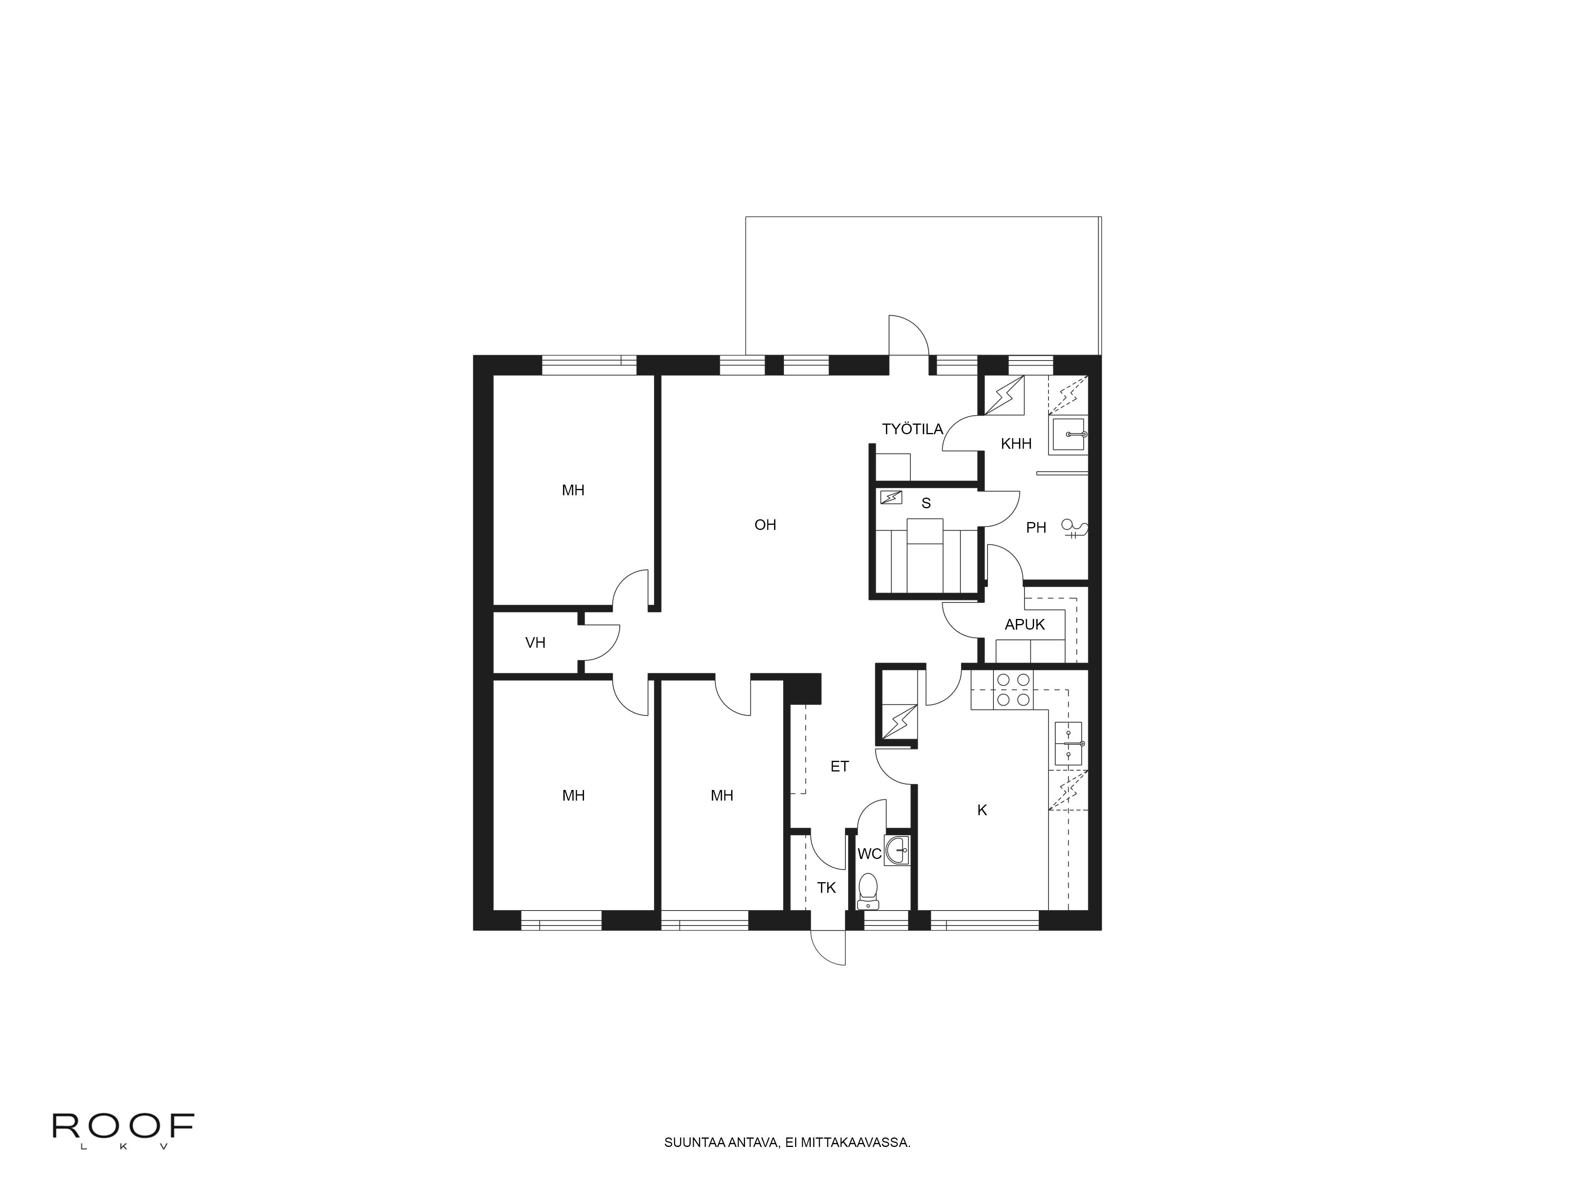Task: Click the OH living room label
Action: [x=765, y=525]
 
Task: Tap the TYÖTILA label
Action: [x=912, y=429]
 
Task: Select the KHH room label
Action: [x=1016, y=444]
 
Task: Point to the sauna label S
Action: [x=926, y=503]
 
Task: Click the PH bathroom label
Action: [x=1036, y=528]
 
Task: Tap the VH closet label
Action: [x=535, y=643]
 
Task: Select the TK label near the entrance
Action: [x=826, y=888]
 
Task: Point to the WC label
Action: [x=869, y=853]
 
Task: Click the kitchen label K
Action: [x=982, y=810]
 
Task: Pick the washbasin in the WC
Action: [x=897, y=850]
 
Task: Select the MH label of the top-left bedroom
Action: [x=573, y=490]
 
